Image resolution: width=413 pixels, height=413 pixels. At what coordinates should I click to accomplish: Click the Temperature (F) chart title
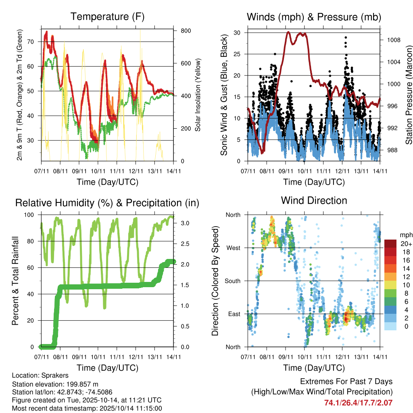click(107, 17)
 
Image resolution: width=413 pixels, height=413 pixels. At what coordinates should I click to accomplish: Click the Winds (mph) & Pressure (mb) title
click(314, 17)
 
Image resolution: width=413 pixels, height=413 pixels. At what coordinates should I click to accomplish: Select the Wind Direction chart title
click(314, 200)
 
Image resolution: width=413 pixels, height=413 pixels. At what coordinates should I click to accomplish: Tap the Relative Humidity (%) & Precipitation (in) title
click(107, 203)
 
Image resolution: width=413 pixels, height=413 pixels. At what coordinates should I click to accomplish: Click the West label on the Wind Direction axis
click(233, 248)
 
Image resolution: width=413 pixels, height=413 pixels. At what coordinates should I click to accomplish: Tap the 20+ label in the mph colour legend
click(406, 244)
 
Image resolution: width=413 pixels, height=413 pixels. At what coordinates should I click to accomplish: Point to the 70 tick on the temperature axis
click(35, 42)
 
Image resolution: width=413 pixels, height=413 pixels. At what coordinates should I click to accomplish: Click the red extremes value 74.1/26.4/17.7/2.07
click(358, 403)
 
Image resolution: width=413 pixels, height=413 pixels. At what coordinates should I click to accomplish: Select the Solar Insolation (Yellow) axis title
click(198, 95)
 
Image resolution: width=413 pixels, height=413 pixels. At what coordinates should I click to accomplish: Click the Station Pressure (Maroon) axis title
click(409, 95)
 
